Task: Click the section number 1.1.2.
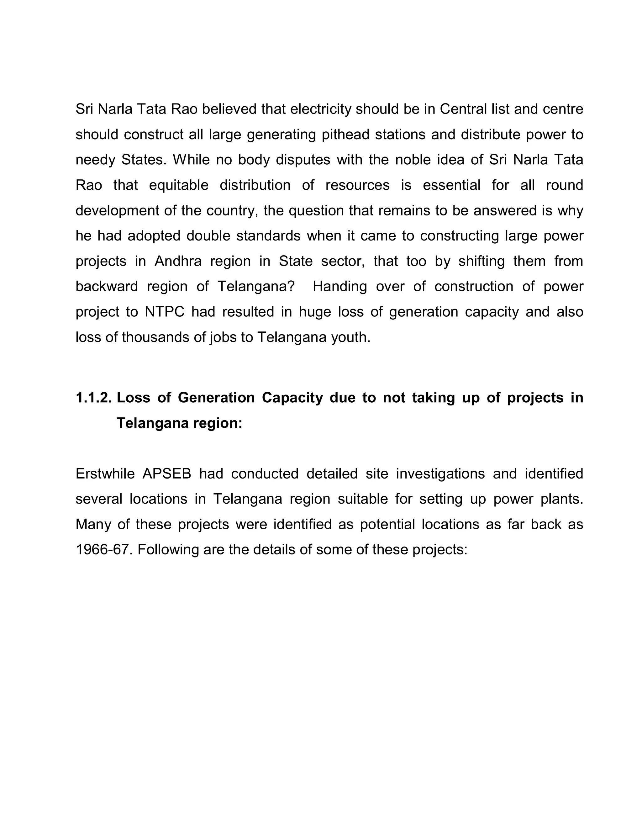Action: (93, 398)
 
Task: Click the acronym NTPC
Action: (164, 312)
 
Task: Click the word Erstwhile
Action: (105, 474)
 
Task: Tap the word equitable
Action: (178, 185)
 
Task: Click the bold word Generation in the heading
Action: (216, 398)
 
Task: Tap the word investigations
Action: (440, 474)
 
